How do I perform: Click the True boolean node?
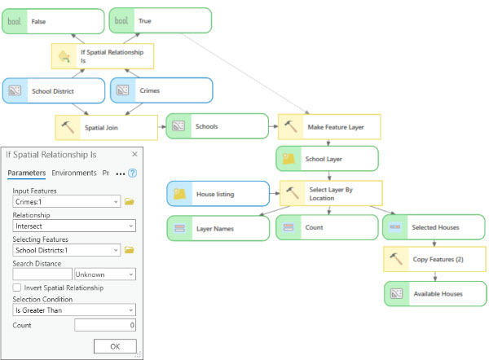[x=160, y=21]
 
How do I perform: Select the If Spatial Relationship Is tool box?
[x=103, y=55]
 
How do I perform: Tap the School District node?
[x=53, y=91]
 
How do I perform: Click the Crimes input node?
[x=161, y=91]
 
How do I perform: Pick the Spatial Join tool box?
[x=106, y=127]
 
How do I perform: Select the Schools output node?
[x=217, y=126]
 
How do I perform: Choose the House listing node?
[x=218, y=194]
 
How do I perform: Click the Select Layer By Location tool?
[x=329, y=193]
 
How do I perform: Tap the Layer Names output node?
[x=218, y=229]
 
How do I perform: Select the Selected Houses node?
[x=434, y=228]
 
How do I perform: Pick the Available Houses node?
[x=434, y=293]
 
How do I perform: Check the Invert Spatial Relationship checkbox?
[x=17, y=288]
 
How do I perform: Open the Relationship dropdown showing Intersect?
[x=73, y=226]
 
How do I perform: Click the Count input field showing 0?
[x=105, y=325]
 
